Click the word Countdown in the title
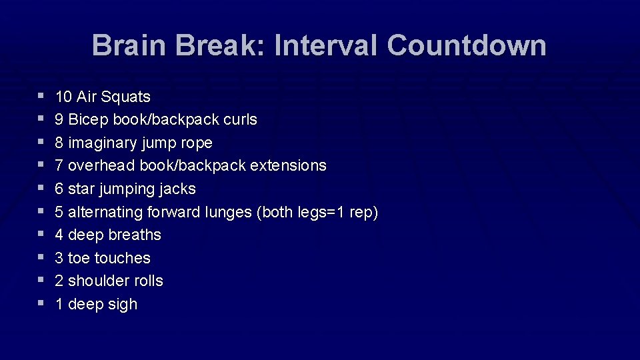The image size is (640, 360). pyautogui.click(x=466, y=46)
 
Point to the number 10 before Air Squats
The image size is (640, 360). pyautogui.click(x=64, y=97)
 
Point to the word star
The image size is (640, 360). pyautogui.click(x=81, y=189)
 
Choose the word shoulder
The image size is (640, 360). pyautogui.click(x=99, y=281)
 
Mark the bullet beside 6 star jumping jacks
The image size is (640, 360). pyautogui.click(x=41, y=188)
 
